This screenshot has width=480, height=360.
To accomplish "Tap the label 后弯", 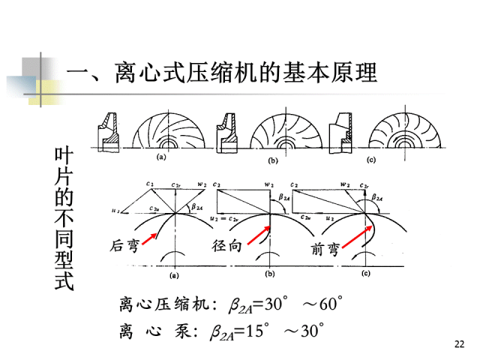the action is [x=124, y=245].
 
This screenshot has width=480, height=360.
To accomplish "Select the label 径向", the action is [x=226, y=246].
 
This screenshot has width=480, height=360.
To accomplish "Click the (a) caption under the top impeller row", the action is [x=160, y=158].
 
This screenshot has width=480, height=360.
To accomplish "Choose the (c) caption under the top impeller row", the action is [x=370, y=160].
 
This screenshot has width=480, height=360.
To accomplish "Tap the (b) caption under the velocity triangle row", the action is [x=270, y=274].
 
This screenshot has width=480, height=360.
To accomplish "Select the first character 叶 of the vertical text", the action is [x=64, y=155].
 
